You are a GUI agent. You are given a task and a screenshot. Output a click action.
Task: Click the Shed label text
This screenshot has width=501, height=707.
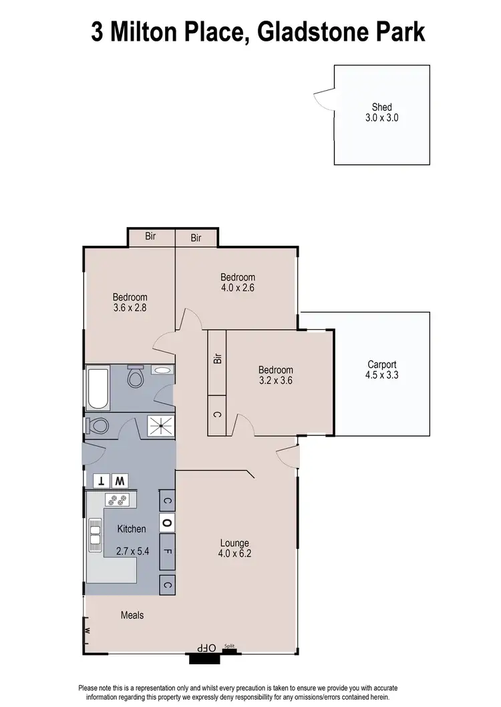[x=381, y=107]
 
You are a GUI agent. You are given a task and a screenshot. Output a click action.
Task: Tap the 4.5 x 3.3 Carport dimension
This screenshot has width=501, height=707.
[x=381, y=375]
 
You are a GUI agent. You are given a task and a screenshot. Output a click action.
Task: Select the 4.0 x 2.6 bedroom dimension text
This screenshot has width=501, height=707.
[x=238, y=288]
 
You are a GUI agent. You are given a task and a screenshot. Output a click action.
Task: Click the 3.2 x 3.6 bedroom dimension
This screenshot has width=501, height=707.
[x=275, y=381]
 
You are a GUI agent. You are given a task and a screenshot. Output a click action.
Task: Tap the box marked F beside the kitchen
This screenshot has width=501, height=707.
[x=167, y=552]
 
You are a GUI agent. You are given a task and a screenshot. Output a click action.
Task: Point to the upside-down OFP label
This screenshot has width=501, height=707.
[x=206, y=648]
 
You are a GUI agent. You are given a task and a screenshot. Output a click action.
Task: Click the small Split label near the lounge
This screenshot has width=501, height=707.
[x=229, y=646]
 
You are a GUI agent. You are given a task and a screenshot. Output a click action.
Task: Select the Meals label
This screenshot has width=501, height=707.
[x=132, y=615]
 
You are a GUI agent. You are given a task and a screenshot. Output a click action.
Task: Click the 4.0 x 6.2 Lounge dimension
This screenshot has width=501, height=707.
[x=234, y=553]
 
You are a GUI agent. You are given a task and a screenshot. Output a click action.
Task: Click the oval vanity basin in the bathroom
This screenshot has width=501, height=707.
[x=162, y=370]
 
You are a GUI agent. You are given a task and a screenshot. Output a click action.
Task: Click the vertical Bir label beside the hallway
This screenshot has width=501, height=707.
[x=217, y=359]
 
